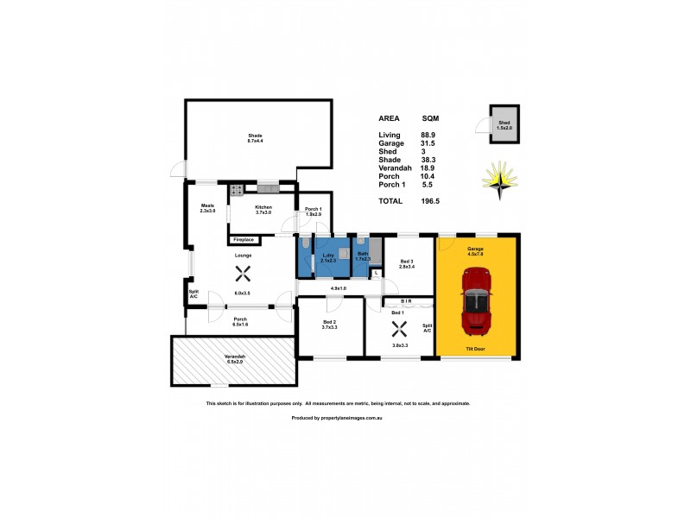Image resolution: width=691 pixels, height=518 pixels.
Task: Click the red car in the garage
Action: click(477, 301)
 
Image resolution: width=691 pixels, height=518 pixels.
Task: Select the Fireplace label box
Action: click(243, 239)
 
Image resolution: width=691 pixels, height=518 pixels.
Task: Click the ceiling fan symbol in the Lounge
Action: click(242, 274)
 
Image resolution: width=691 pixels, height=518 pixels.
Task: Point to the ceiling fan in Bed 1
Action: click(398, 328)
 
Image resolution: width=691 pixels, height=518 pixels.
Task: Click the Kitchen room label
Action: click(263, 207)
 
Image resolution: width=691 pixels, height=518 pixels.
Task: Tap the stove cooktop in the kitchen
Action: click(236, 190)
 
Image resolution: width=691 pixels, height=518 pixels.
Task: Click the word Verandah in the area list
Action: click(393, 167)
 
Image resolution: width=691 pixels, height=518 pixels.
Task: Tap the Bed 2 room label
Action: click(328, 322)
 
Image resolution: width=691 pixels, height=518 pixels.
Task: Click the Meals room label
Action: click(206, 205)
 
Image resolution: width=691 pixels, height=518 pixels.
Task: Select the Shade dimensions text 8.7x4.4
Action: click(255, 140)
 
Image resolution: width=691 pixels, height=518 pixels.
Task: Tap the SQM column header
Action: click(430, 118)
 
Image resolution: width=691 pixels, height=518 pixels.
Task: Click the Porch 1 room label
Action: click(314, 209)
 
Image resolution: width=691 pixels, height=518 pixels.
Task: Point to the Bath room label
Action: click(364, 253)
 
